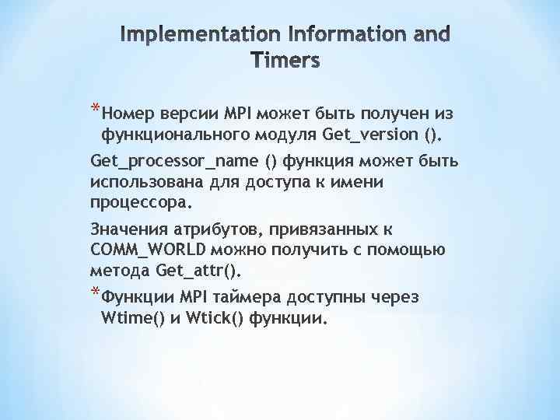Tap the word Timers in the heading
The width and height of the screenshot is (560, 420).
click(285, 60)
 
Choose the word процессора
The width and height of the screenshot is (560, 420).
click(140, 204)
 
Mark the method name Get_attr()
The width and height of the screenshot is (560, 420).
click(199, 271)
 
